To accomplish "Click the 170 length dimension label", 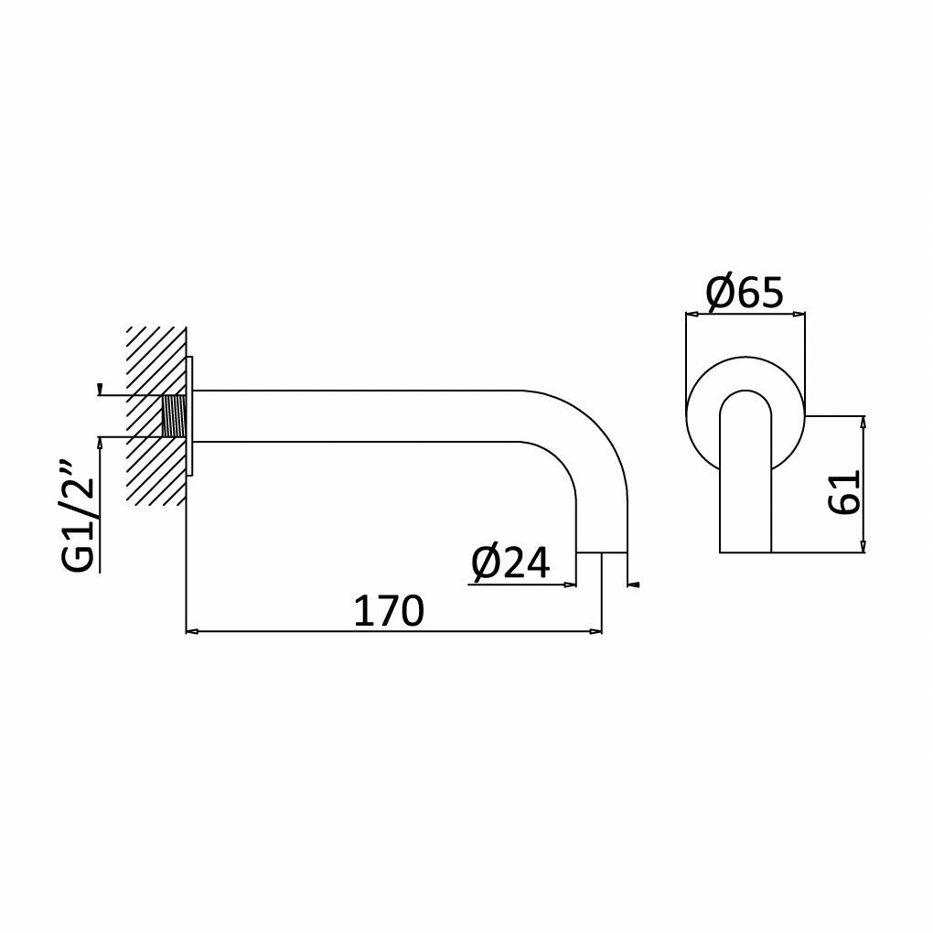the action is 389,610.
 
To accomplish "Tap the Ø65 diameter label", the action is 745,293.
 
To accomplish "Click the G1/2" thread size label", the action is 78,516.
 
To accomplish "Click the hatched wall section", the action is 156,416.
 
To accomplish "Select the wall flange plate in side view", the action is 190,416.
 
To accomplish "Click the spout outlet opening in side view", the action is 602,552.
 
